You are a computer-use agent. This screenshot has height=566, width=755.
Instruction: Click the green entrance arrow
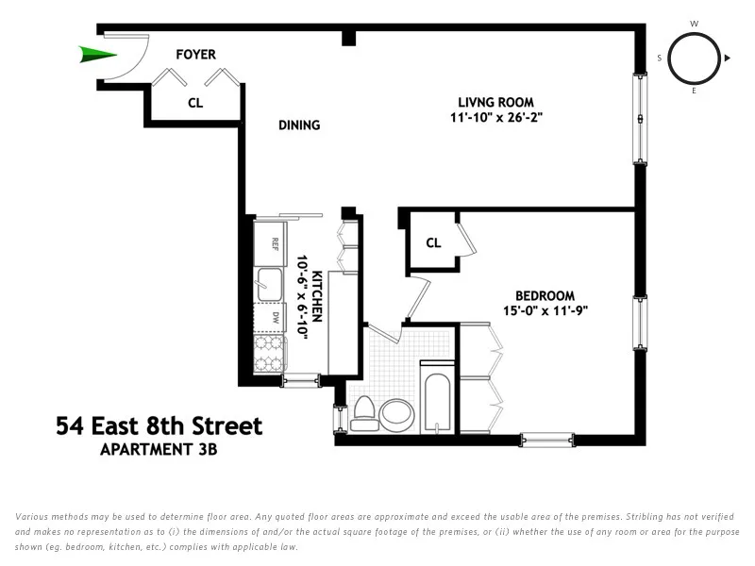click(x=92, y=54)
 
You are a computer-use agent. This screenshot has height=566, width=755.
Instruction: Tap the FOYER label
click(x=195, y=55)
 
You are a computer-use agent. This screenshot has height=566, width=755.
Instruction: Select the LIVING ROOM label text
click(x=496, y=102)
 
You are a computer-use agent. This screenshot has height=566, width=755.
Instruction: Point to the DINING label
click(x=299, y=125)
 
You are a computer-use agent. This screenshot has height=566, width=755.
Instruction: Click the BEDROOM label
click(x=545, y=295)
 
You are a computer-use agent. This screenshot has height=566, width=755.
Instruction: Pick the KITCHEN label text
click(x=317, y=296)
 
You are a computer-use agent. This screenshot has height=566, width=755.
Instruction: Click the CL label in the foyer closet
click(x=195, y=103)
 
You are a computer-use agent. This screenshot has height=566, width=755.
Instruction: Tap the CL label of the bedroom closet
click(x=433, y=242)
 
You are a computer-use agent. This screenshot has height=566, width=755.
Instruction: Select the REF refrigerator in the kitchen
click(x=272, y=243)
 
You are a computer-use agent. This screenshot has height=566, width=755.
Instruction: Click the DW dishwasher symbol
click(x=273, y=317)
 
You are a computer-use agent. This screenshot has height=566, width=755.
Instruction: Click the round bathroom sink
click(x=396, y=413)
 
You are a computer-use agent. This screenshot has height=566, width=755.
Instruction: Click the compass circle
click(x=695, y=58)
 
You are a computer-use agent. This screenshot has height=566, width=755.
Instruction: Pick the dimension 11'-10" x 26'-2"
click(x=496, y=119)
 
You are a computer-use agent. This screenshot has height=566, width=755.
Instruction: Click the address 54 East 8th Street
click(x=159, y=426)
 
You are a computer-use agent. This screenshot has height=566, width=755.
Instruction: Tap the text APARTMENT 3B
click(x=159, y=450)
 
